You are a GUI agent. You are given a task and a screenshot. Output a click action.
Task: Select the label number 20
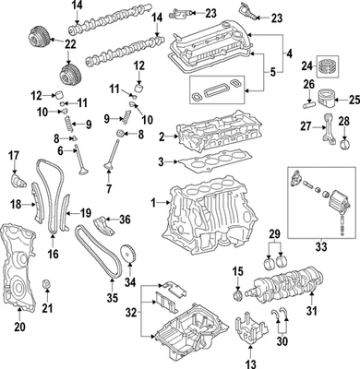18,326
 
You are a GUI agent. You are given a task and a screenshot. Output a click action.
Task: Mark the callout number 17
14,154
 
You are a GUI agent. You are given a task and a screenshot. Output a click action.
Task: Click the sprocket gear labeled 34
126,254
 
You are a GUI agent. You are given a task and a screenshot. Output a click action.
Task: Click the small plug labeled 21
46,282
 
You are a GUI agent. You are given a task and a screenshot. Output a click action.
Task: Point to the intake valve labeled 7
109,164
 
